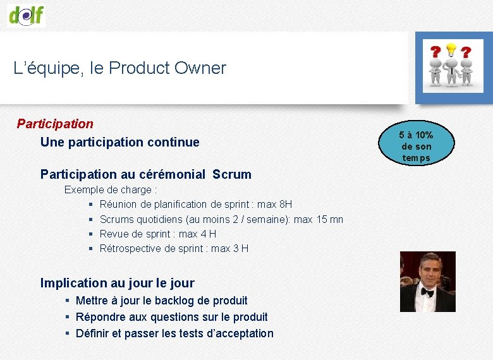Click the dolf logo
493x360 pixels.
[27, 13]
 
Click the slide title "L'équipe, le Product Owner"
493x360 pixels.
[119, 68]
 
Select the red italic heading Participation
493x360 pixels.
[55, 124]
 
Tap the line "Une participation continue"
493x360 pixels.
[119, 142]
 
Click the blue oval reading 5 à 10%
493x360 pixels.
[416, 147]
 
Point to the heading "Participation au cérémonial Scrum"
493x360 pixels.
[145, 174]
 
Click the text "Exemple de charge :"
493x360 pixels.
[111, 189]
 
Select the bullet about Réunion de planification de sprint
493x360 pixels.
[195, 204]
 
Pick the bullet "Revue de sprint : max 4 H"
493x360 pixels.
[158, 234]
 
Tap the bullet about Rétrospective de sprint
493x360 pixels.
[174, 248]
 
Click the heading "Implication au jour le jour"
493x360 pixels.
[117, 283]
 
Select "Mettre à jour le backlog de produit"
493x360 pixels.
[161, 301]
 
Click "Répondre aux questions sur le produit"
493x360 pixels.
[171, 317]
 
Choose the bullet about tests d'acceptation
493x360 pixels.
[174, 333]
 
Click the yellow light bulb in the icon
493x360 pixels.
[451, 49]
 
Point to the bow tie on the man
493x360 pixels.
[427, 292]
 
